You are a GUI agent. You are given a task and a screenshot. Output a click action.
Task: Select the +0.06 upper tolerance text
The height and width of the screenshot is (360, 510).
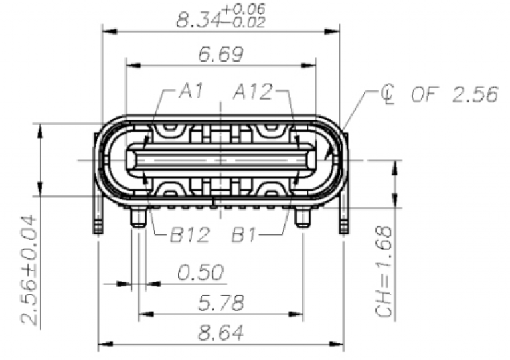[x=245, y=9]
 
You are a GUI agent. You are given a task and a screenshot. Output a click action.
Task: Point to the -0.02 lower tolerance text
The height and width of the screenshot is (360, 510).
[x=245, y=23]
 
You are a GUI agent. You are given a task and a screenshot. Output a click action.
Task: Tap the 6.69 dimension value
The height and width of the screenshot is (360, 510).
[x=219, y=54]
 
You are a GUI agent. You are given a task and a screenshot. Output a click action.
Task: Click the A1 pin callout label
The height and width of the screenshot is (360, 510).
[x=191, y=92]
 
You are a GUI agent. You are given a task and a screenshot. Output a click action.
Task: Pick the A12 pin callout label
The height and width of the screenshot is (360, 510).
[x=252, y=92]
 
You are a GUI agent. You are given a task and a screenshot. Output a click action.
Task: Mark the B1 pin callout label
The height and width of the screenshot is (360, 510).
[x=250, y=234]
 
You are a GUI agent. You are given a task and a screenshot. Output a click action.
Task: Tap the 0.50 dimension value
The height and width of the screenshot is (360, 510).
[x=200, y=272]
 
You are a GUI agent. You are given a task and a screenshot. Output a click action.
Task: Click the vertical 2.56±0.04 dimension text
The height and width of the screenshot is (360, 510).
[x=30, y=269]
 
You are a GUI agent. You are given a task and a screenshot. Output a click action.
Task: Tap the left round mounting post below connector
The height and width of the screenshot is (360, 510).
[x=138, y=218]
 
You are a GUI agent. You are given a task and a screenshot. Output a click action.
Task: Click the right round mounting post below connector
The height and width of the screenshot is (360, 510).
[x=302, y=218]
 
